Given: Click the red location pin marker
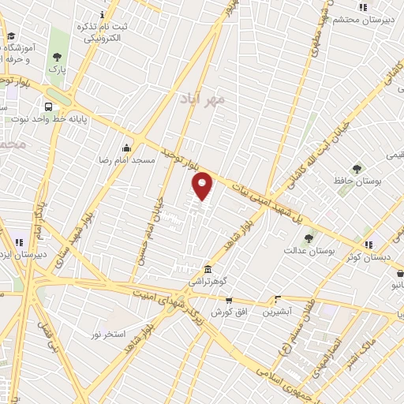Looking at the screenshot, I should [203, 185].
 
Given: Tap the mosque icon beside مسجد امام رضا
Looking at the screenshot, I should [126, 148].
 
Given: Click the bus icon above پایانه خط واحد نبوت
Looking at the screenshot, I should [49, 107].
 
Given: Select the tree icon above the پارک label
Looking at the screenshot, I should [56, 57].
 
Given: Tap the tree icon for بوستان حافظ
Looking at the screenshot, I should [357, 168].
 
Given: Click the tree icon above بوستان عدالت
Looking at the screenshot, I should [308, 237].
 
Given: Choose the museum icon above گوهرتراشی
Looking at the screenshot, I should [208, 268].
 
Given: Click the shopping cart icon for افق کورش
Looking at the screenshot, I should [229, 300].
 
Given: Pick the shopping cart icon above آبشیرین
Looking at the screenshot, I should [277, 299].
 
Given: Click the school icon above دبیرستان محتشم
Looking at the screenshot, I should [362, 7].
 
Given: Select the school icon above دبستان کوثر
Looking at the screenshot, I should [368, 243].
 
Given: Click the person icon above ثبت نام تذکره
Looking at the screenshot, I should [103, 14].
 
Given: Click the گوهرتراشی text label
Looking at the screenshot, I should [208, 281].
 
